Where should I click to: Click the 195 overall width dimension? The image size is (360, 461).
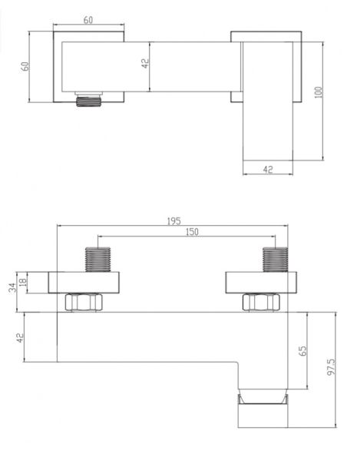[x=173, y=221]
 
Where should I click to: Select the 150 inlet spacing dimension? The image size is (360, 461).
[x=192, y=232]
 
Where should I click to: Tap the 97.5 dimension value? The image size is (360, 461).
[x=331, y=366]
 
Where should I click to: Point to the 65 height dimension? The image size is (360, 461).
[x=302, y=351]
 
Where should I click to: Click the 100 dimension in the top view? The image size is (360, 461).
[x=319, y=92]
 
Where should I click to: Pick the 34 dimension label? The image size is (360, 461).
[x=12, y=287]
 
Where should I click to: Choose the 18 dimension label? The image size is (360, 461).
[x=23, y=282]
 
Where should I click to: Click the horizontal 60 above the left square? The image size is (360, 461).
[x=88, y=20]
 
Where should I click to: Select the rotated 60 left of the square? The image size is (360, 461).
[x=25, y=66]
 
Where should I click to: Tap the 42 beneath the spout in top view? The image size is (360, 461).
[x=268, y=169]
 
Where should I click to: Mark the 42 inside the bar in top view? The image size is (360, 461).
[x=145, y=64]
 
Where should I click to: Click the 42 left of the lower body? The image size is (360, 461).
[x=19, y=338]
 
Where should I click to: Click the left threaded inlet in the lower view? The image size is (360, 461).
[x=97, y=260]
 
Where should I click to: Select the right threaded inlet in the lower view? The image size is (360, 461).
[x=275, y=260]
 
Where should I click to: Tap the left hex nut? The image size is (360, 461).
[x=84, y=302]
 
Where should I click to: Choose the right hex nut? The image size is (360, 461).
[x=261, y=302]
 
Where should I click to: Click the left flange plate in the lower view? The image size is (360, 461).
[x=84, y=283]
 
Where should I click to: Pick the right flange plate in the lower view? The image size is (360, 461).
[x=261, y=283]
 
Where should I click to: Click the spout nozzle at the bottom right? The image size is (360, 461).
[x=263, y=408]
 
